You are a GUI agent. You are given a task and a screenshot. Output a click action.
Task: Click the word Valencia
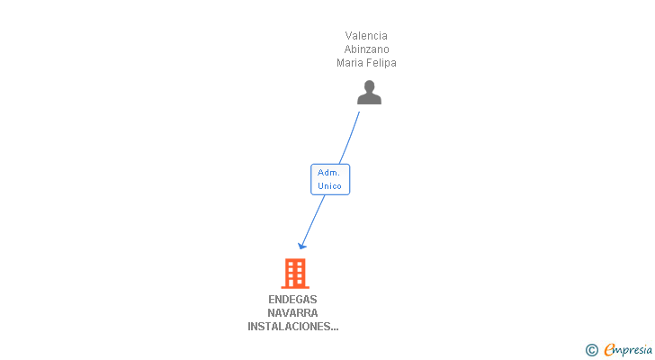pos(366,36)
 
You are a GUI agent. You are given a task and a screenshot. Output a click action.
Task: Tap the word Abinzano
pos(366,49)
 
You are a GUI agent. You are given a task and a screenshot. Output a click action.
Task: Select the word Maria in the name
pos(350,63)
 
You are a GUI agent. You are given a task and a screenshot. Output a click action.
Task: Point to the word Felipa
pos(381,63)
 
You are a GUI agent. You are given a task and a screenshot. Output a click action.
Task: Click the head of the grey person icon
pos(369,86)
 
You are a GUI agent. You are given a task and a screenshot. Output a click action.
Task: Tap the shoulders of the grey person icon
pos(369,98)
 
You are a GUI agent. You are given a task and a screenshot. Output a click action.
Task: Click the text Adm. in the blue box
pos(328,172)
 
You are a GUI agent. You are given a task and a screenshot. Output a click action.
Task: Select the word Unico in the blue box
pos(329,186)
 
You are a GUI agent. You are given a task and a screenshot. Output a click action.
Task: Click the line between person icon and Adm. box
pos(349,136)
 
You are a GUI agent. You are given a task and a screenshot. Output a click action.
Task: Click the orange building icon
pos(294,273)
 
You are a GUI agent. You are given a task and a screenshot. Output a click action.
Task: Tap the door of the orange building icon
pos(294,283)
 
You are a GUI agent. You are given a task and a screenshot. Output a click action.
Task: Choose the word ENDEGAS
pos(292,300)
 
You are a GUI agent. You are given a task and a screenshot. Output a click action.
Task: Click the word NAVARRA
pos(292,313)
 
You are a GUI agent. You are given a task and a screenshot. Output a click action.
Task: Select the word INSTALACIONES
pos(287,327)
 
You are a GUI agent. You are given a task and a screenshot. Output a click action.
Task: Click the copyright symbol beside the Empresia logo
pos(592,349)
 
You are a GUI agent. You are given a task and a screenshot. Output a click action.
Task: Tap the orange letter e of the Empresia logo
pos(609,350)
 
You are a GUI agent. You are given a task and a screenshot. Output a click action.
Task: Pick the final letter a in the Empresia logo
pos(649,349)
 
